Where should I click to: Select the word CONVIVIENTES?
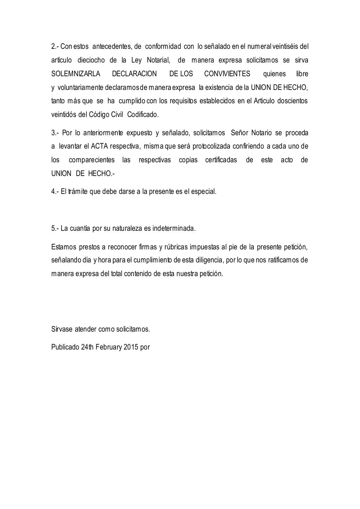(227, 74)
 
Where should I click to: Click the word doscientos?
(292, 101)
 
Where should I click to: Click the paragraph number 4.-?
(55, 192)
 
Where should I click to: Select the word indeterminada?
(174, 228)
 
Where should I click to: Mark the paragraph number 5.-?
(55, 228)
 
